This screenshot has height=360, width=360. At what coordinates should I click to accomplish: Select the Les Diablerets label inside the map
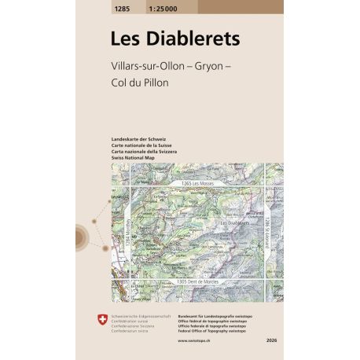pos(234,222)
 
